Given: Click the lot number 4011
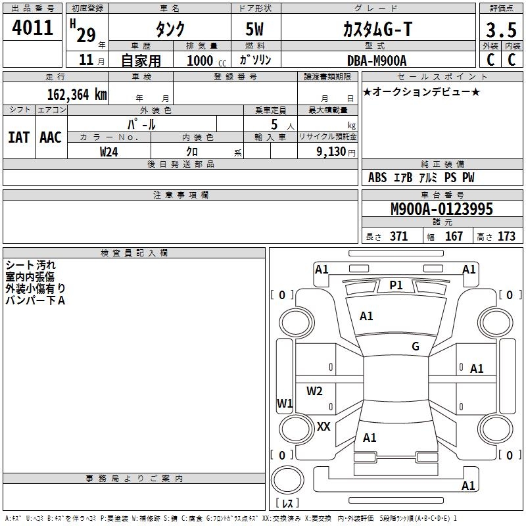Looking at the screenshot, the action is (32, 28).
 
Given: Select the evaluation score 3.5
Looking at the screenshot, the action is (500, 30).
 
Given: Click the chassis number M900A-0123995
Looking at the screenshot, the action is (441, 210).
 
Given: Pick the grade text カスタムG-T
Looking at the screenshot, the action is (378, 29).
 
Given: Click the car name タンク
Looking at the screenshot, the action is (170, 29).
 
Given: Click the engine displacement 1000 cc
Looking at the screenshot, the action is (204, 60).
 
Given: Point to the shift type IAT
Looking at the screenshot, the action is (18, 137).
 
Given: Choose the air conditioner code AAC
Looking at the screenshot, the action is (51, 137).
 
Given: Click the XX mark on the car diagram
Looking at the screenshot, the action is (323, 427).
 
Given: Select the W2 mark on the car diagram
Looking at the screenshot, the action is (314, 391).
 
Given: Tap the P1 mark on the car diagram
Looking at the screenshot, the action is (396, 285).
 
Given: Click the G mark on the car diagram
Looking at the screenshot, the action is (415, 347).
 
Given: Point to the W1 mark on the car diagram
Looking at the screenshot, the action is (284, 403).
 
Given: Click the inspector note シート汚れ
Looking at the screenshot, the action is (31, 266).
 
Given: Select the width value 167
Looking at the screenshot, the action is (454, 237).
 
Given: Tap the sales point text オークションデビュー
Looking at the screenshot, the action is (421, 91).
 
